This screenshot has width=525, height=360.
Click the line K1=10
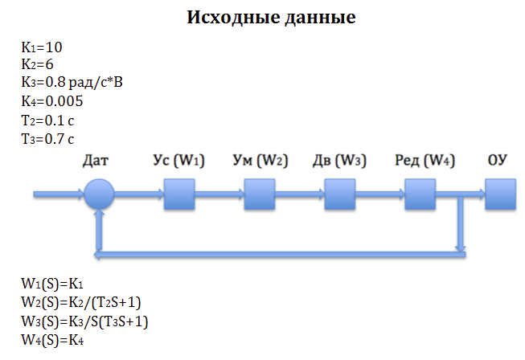42,47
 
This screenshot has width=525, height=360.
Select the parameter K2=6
38,66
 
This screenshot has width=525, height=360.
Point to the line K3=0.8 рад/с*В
74,84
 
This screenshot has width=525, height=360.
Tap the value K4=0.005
52,102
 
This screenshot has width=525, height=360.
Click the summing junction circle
99,194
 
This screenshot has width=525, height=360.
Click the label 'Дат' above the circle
96,161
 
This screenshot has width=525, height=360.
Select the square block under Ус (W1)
179,194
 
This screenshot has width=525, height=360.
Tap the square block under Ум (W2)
260,194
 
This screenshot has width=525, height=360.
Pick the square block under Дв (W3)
340,194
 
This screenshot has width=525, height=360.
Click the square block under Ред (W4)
420,194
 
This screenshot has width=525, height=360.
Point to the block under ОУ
499,194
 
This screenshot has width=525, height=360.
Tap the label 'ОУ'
498,161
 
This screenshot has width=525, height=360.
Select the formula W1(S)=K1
53,285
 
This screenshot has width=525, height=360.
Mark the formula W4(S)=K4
53,339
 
